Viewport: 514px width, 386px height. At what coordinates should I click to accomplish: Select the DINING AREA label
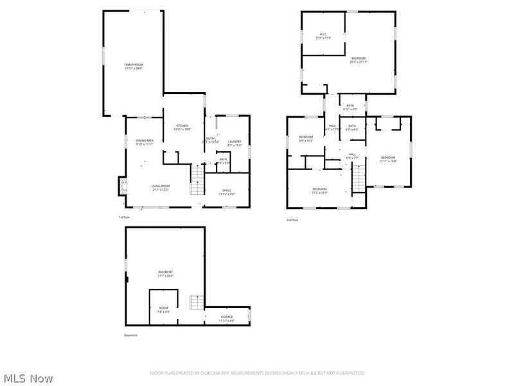point(144,142)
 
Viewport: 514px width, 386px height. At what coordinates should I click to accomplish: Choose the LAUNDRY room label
point(234,143)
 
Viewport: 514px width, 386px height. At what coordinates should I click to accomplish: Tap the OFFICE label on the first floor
point(227,192)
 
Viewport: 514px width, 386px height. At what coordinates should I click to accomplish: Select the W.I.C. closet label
point(323,36)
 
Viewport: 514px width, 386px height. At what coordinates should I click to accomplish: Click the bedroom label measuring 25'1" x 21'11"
point(359,60)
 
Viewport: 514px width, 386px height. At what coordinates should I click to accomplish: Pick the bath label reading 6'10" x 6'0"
point(350,107)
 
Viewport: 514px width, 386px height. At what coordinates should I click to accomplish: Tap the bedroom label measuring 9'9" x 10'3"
point(306,138)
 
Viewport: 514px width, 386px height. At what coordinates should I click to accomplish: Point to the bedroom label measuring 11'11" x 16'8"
point(388,159)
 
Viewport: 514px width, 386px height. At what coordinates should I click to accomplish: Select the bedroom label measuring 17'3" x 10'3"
point(320,190)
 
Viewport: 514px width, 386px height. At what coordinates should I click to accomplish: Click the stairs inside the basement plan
point(197,302)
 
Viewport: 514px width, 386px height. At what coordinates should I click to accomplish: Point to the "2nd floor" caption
point(293,220)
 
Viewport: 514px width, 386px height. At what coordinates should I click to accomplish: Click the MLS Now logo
point(27,378)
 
